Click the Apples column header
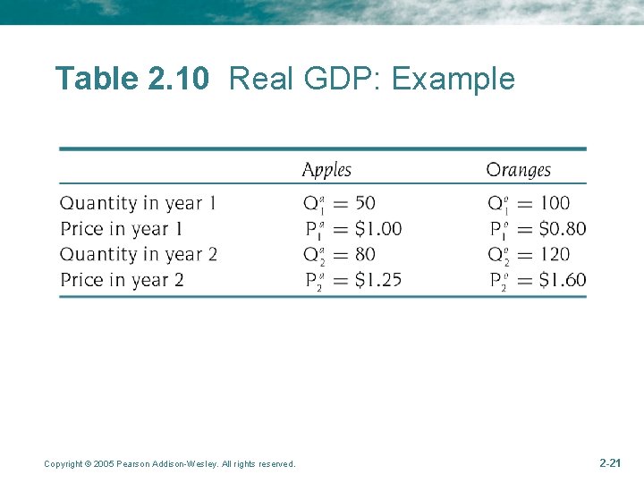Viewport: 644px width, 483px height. [326, 170]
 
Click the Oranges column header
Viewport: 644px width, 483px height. [518, 170]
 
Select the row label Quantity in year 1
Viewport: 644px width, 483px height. [138, 204]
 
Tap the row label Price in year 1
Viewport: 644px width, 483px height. [121, 229]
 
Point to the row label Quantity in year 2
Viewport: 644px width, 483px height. [139, 255]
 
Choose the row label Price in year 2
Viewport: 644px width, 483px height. [122, 280]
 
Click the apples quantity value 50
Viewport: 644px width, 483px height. [365, 204]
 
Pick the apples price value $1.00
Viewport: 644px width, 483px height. [378, 229]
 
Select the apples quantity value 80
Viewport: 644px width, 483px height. [365, 255]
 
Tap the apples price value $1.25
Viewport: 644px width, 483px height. [378, 280]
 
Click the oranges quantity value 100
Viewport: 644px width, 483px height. [555, 204]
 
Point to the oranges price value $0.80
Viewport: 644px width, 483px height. [563, 229]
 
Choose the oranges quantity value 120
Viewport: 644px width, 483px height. [555, 255]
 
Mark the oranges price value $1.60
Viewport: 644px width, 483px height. [563, 280]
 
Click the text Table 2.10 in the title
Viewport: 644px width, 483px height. [132, 80]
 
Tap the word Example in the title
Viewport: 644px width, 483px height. [453, 80]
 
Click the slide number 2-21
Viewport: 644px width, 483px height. [610, 462]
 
